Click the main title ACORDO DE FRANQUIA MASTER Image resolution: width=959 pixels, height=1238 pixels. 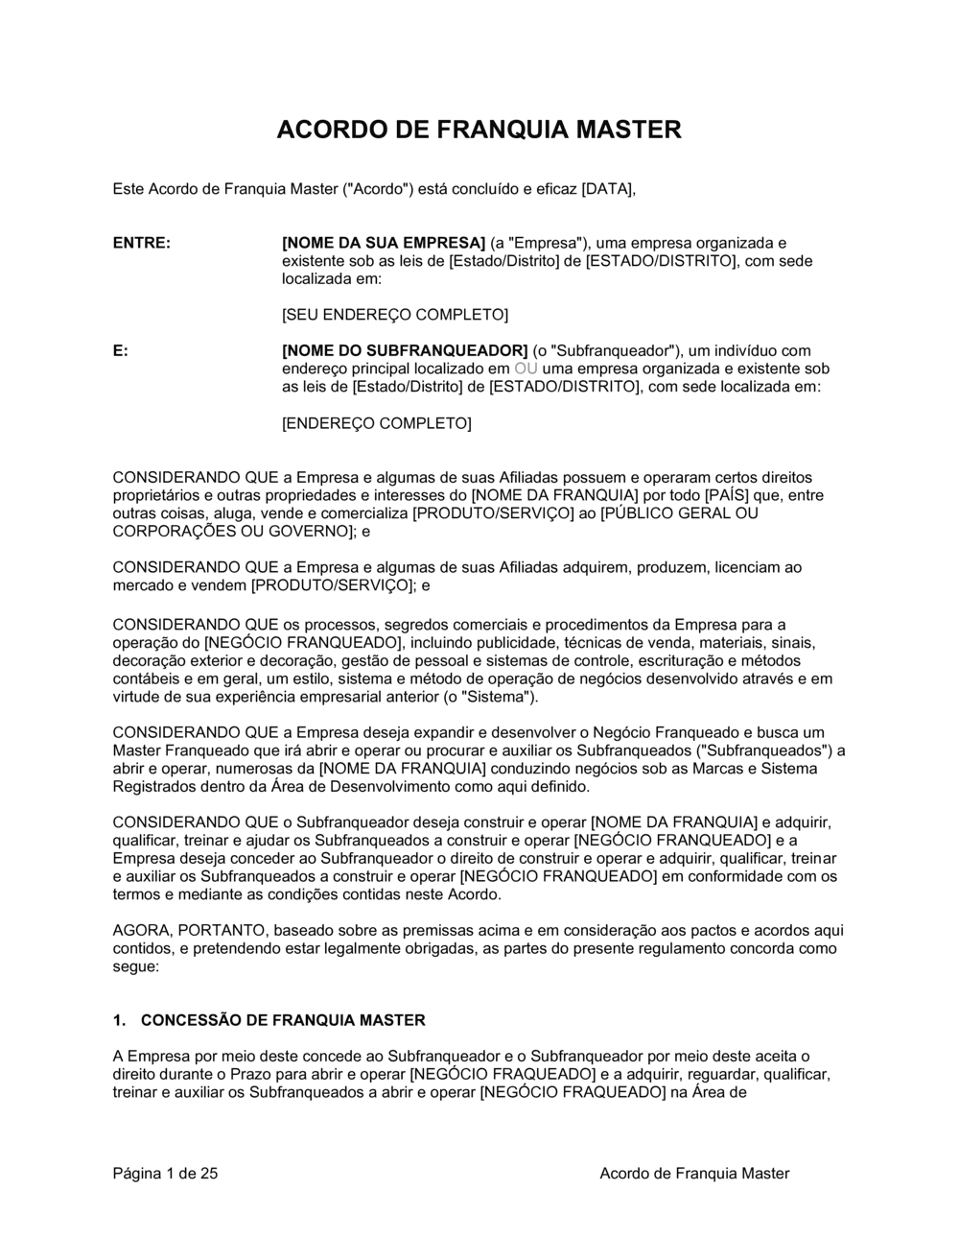point(479,130)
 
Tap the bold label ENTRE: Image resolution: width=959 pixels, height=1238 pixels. point(142,243)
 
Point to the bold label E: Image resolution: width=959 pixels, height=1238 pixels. point(121,351)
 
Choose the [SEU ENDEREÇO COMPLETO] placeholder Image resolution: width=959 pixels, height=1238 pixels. point(394,315)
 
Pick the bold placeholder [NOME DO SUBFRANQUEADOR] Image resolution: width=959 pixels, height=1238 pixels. point(405,351)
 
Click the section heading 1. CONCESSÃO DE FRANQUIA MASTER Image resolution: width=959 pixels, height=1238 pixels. point(269,1020)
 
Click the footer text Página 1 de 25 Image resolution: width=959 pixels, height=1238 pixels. point(166,1174)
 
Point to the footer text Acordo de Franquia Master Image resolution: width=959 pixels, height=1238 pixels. point(694,1174)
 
